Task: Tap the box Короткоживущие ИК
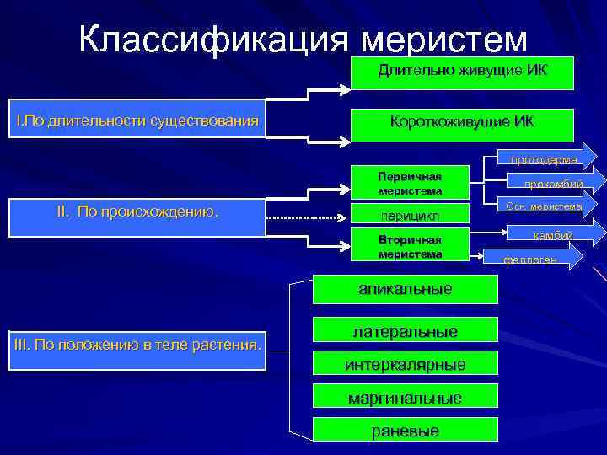pos(462,123)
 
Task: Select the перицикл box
pos(410,217)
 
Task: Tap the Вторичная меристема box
pos(410,247)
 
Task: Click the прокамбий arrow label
pos(552,185)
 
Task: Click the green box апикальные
pos(405,289)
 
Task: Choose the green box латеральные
pos(405,331)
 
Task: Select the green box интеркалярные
pos(405,365)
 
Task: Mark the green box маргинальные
pos(405,399)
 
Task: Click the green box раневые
pos(405,431)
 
